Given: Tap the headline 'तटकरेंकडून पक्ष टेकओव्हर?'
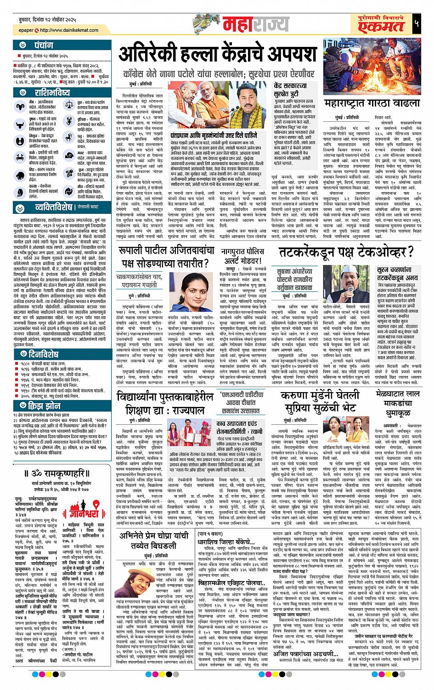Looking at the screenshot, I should click(345, 253).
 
